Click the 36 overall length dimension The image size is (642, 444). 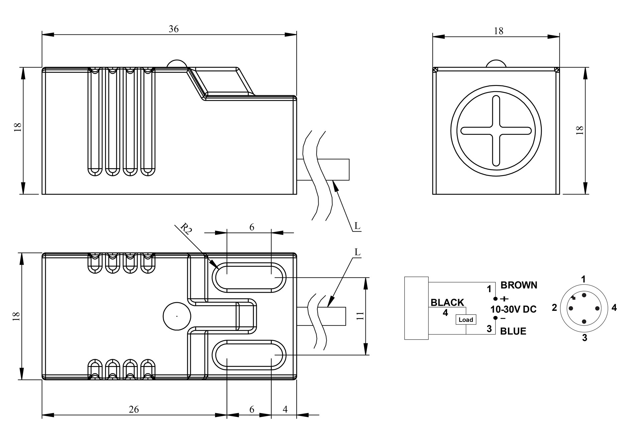(x=174, y=29)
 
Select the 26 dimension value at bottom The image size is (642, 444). (x=134, y=409)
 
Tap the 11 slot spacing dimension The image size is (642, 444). (x=360, y=316)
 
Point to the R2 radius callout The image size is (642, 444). (x=186, y=229)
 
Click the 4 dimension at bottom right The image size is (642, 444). (x=285, y=409)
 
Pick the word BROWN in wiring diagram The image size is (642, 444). (x=519, y=285)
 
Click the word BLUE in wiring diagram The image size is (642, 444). (x=513, y=331)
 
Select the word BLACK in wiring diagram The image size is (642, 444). (x=447, y=302)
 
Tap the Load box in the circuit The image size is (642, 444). (x=466, y=320)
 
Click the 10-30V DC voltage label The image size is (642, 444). (x=513, y=309)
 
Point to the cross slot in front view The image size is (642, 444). (x=496, y=131)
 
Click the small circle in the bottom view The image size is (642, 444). (x=177, y=316)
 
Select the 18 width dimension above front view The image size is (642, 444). (x=498, y=31)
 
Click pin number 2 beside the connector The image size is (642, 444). (x=554, y=307)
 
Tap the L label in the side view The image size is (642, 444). (x=357, y=226)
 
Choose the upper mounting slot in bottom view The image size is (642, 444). (x=249, y=277)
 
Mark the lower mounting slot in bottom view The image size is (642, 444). (x=249, y=355)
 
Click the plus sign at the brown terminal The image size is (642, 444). (x=504, y=298)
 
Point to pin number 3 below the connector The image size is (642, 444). (x=584, y=338)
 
